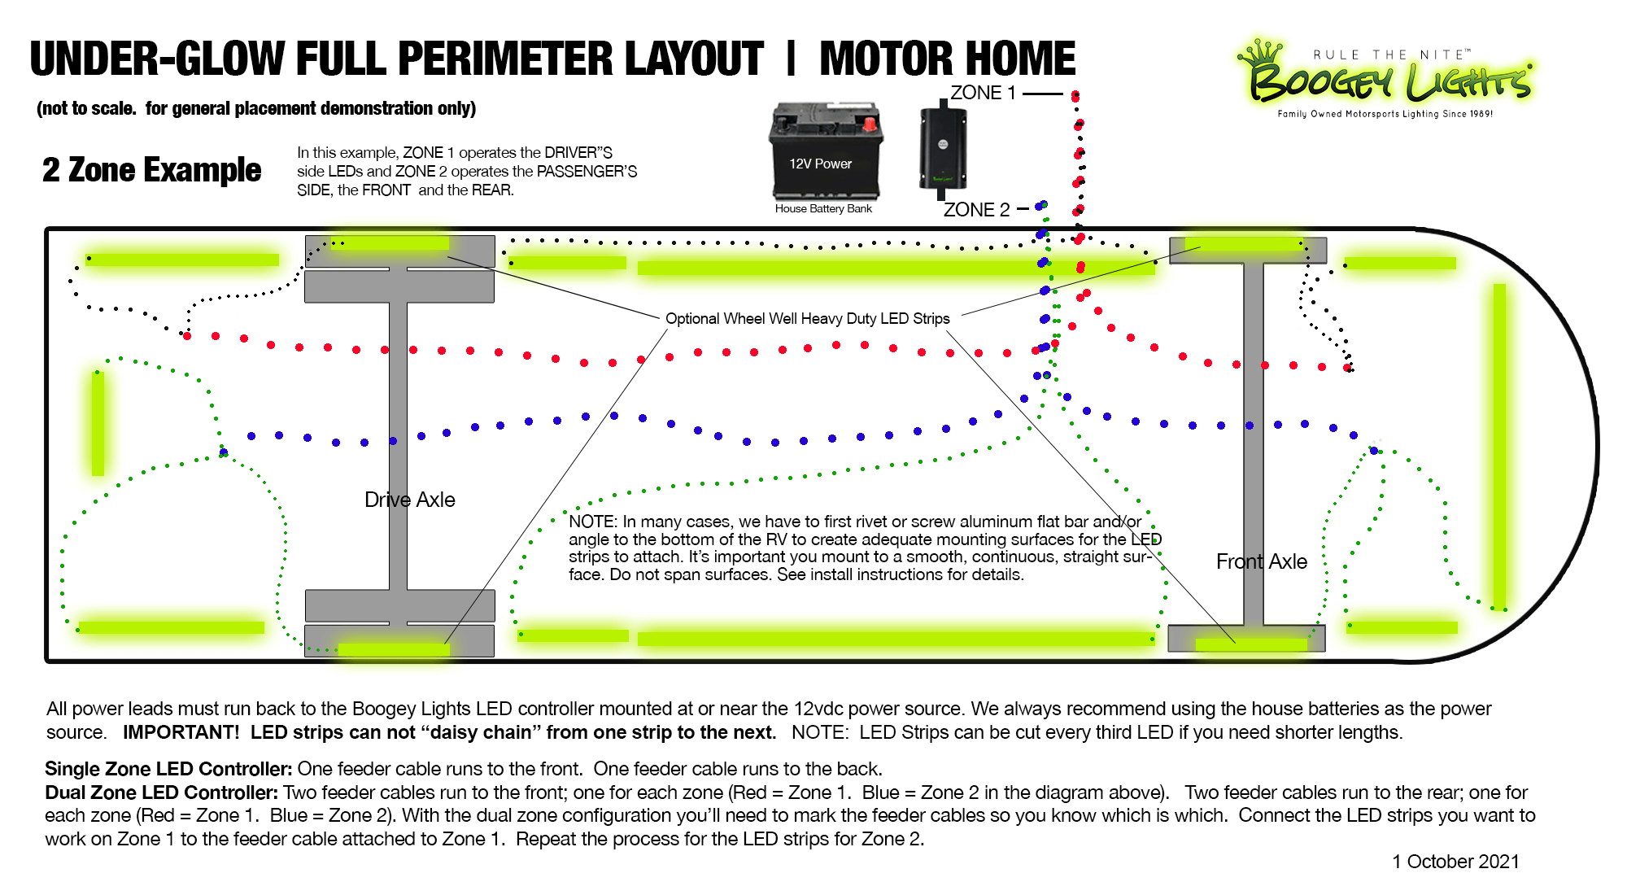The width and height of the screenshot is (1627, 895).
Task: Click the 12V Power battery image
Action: point(825,152)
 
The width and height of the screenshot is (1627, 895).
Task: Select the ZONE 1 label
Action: point(983,94)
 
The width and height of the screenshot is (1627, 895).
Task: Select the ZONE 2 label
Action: point(976,210)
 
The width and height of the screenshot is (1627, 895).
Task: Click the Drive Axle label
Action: point(409,500)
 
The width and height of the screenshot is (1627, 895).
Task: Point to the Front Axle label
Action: point(1261,561)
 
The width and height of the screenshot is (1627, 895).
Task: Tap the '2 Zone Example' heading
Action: point(151,170)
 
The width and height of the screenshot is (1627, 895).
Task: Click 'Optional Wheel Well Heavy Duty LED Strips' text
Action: point(807,318)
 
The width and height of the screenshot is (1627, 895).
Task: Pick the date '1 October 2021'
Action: point(1455,862)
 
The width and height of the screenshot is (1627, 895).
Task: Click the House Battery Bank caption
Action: point(823,209)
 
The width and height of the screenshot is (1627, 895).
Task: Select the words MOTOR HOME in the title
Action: point(947,59)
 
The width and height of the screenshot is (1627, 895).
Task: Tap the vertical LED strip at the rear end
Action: point(98,423)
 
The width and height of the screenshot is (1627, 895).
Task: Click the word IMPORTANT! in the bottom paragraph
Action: point(181,732)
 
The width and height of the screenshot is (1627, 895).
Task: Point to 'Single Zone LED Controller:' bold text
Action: point(168,769)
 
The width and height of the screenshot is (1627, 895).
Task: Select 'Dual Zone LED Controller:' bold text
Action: point(161,792)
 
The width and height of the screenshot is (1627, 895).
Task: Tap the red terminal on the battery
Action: point(870,124)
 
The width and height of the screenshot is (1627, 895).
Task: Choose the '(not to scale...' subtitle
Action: point(256,108)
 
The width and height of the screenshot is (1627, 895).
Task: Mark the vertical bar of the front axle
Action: point(1254,443)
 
